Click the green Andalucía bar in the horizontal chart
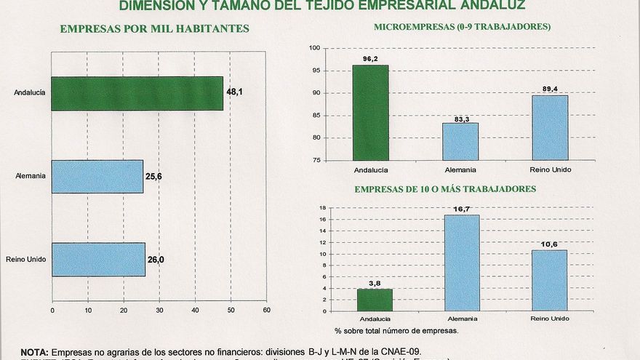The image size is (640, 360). pyautogui.click(x=137, y=93)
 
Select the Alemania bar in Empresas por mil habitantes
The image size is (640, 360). pyautogui.click(x=97, y=177)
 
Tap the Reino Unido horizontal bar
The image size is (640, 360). pyautogui.click(x=98, y=260)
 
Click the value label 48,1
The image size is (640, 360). pyautogui.click(x=234, y=92)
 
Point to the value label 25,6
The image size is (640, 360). pyautogui.click(x=153, y=177)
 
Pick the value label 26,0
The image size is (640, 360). pyautogui.click(x=155, y=260)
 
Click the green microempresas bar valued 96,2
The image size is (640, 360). pyautogui.click(x=370, y=113)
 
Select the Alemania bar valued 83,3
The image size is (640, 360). pyautogui.click(x=460, y=142)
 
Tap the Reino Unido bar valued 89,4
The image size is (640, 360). pyautogui.click(x=550, y=128)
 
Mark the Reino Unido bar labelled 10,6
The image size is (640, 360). pyautogui.click(x=550, y=281)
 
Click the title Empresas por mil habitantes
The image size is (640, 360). pyautogui.click(x=155, y=28)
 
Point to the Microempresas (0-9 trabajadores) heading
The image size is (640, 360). pyautogui.click(x=462, y=27)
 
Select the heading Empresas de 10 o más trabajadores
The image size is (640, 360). pyautogui.click(x=445, y=189)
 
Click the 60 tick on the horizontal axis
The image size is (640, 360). pyautogui.click(x=266, y=310)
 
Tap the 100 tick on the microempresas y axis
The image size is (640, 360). pyautogui.click(x=315, y=48)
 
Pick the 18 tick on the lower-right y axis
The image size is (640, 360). pyautogui.click(x=322, y=208)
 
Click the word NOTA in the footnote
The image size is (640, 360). pyautogui.click(x=35, y=351)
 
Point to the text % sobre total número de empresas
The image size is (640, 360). pyautogui.click(x=396, y=330)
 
